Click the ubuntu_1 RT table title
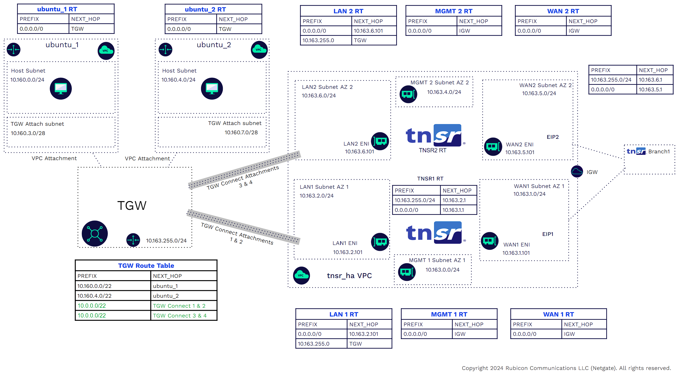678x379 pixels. [x=57, y=9]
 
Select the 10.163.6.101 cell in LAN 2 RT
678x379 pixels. [x=368, y=31]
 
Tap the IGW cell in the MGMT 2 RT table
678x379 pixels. [x=464, y=31]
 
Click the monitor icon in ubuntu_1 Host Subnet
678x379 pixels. [x=61, y=88]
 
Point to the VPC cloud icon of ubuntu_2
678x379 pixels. [x=259, y=50]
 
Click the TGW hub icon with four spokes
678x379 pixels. [x=95, y=233]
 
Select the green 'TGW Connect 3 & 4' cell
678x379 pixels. [x=180, y=315]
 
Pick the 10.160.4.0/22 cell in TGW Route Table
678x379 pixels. [x=95, y=296]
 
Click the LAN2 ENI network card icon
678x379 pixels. [x=380, y=141]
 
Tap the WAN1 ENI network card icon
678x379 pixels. [x=490, y=240]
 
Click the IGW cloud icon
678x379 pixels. [x=577, y=172]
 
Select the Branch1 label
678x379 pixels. [x=659, y=152]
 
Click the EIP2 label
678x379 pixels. [x=553, y=137]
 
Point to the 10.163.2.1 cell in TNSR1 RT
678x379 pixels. [x=454, y=200]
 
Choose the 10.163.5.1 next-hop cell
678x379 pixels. [x=650, y=90]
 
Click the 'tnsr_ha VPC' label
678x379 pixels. [x=349, y=276]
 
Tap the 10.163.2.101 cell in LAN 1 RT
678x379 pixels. [x=364, y=334]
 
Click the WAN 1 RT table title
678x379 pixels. [x=558, y=314]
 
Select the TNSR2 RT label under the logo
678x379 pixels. [x=432, y=150]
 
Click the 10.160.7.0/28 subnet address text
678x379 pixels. [x=241, y=133]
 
